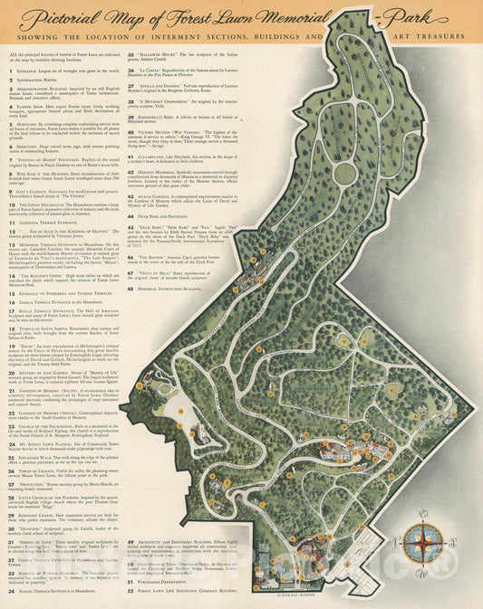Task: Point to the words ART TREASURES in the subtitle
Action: (422, 37)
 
